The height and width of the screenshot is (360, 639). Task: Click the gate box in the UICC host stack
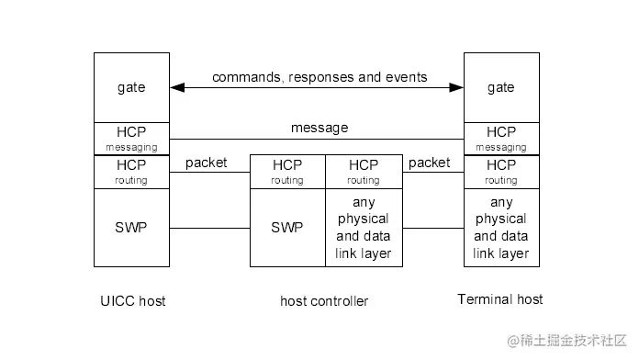(131, 87)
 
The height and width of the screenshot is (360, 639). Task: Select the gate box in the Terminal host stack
(500, 87)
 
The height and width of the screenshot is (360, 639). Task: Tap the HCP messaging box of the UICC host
(131, 139)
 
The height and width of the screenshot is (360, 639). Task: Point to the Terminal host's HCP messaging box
(500, 139)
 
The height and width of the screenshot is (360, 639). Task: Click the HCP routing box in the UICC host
(131, 172)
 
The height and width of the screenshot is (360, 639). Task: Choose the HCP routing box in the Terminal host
(500, 172)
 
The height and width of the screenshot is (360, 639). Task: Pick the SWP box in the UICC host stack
(131, 227)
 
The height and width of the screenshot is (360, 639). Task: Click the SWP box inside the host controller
(287, 227)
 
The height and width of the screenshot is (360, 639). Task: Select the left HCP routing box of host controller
(287, 172)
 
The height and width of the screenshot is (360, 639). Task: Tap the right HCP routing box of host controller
(364, 172)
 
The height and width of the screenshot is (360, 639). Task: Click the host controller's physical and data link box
(364, 227)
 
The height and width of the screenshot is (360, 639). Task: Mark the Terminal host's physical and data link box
(500, 227)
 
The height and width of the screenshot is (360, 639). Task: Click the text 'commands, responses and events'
(319, 77)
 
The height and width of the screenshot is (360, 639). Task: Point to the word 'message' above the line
(319, 128)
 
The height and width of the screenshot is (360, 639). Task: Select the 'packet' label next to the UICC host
(207, 163)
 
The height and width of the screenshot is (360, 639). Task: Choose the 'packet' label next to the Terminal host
(429, 163)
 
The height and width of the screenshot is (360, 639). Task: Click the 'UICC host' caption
(131, 300)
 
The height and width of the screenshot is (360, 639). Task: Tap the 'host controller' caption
(324, 301)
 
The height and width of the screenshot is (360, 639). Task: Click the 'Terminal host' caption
(500, 299)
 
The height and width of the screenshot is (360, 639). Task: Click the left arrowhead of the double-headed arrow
(177, 88)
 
